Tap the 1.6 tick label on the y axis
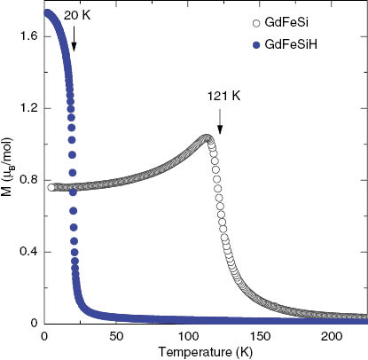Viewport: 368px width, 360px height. click(x=25, y=36)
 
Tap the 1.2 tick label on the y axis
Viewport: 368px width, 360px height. click(x=25, y=108)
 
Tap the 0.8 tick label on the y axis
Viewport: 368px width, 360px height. click(x=25, y=180)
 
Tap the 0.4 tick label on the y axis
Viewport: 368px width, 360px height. click(x=25, y=252)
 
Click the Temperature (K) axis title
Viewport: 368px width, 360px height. click(x=205, y=352)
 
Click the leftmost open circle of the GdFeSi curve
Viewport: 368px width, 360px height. click(x=51, y=187)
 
